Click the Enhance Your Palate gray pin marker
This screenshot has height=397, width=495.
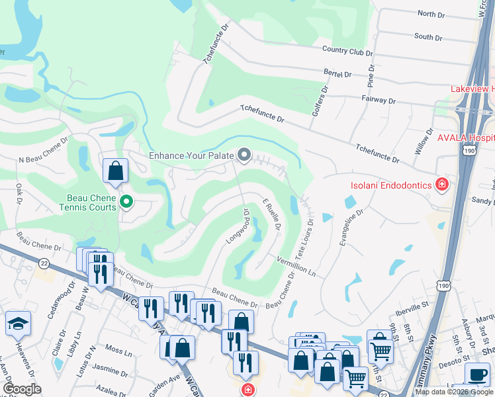tap(244, 155)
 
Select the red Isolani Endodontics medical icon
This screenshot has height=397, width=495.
tap(441, 185)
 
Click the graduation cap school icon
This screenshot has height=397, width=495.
tap(17, 323)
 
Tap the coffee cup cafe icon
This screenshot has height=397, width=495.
tap(477, 374)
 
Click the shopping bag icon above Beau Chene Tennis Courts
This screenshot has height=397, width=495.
tap(116, 171)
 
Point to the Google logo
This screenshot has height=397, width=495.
tap(22, 389)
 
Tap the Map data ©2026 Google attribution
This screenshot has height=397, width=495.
tap(454, 392)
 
